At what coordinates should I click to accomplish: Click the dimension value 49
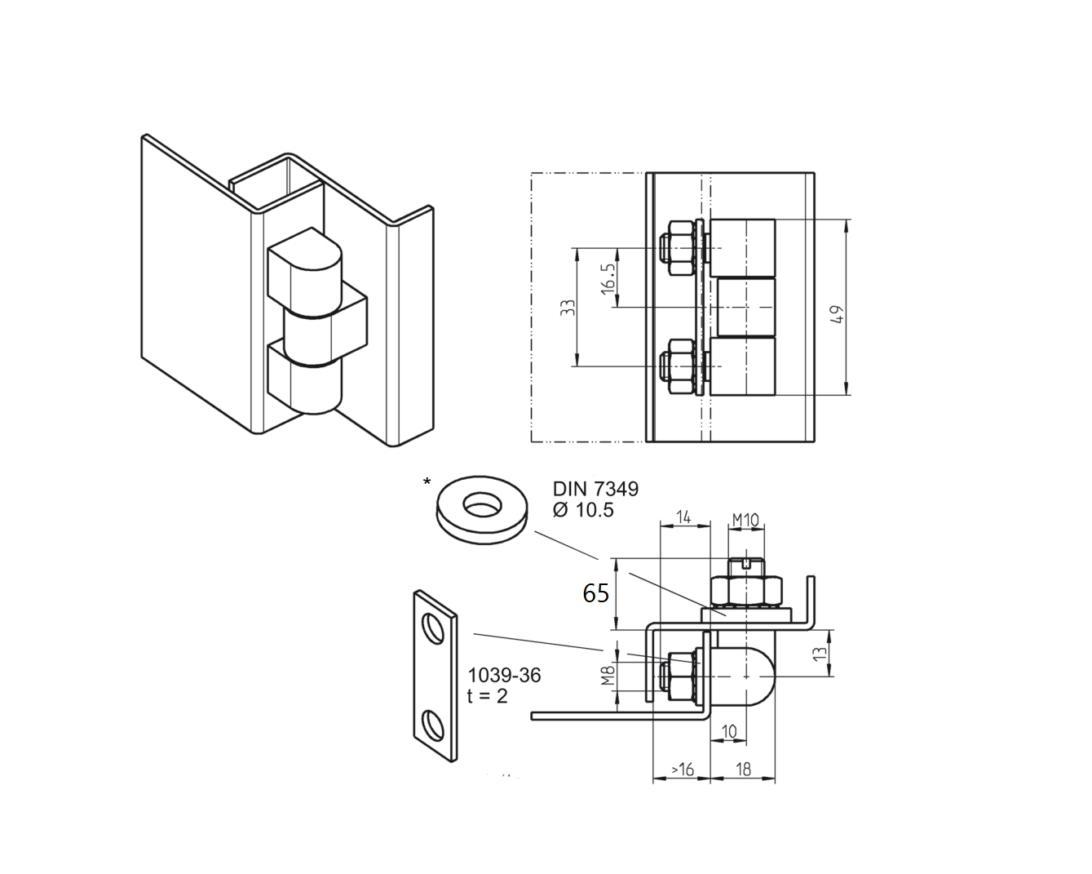(x=835, y=314)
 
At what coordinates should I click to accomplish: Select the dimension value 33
(x=568, y=308)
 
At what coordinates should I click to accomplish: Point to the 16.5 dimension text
(x=608, y=278)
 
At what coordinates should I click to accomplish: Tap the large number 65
(x=595, y=593)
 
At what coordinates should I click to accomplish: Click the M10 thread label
(x=745, y=520)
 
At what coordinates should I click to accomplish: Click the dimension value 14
(x=683, y=517)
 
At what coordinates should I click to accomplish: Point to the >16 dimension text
(x=682, y=770)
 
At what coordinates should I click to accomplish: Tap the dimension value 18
(x=743, y=769)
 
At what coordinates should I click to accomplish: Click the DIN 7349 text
(x=595, y=489)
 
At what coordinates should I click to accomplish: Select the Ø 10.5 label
(x=583, y=510)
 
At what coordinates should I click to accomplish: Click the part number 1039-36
(x=504, y=676)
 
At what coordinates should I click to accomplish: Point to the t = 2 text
(x=488, y=696)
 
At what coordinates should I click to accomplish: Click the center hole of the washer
(x=483, y=507)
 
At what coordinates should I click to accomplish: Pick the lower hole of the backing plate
(x=432, y=724)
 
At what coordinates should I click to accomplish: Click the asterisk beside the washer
(x=427, y=483)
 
